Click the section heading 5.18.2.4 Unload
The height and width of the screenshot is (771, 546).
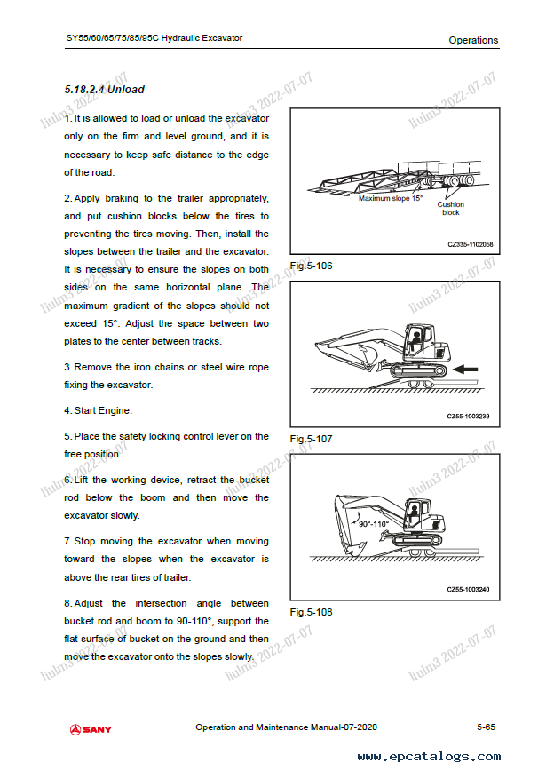(104, 90)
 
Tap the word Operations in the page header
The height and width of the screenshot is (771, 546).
(473, 40)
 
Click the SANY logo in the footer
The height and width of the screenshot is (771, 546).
(91, 729)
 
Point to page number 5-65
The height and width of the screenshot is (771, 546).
(485, 727)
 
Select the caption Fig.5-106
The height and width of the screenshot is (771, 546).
(311, 266)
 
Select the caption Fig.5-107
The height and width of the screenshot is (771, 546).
(311, 439)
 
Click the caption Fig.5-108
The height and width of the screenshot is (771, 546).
(311, 612)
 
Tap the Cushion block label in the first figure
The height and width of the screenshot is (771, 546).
(451, 209)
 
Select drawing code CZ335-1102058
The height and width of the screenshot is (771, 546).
(470, 244)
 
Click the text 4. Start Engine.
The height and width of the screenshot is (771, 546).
(98, 410)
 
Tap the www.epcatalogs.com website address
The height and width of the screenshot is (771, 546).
(429, 757)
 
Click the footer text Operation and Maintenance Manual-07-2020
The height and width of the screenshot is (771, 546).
(286, 727)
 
